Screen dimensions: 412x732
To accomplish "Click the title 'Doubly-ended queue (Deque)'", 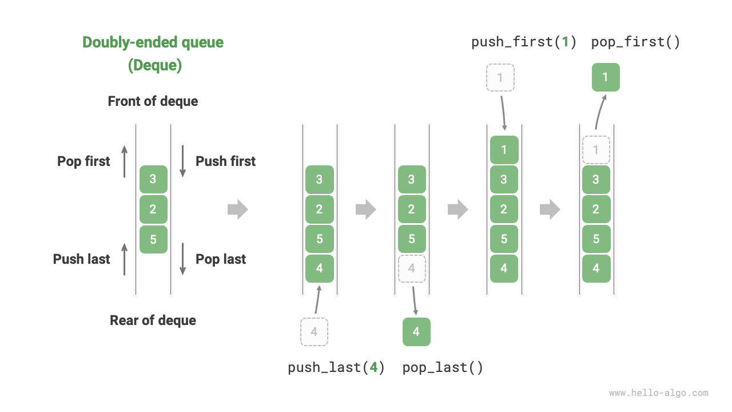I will [x=153, y=54].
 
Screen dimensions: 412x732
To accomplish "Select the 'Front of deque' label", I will [x=153, y=101].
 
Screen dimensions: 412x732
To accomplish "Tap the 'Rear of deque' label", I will [x=153, y=320].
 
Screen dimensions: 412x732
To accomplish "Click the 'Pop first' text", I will [x=83, y=161].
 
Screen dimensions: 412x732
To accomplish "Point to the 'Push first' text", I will [x=225, y=161].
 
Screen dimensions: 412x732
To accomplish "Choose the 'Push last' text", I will [x=81, y=259].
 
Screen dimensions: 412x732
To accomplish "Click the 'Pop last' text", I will [x=221, y=259].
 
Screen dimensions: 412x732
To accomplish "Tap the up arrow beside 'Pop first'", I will [x=125, y=161].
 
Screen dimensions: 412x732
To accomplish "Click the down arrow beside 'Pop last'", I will [x=183, y=259].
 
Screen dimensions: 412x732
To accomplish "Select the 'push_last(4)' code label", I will [x=336, y=367].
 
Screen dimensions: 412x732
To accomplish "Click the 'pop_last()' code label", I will [x=443, y=367].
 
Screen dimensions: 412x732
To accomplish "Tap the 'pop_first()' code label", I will [x=635, y=42].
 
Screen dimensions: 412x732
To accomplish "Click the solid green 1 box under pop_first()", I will [x=606, y=77].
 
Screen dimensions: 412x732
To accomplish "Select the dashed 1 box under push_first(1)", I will [x=500, y=77].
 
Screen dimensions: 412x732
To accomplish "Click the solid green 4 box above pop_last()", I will [x=416, y=332].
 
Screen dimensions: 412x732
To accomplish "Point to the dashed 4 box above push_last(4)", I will [x=314, y=332].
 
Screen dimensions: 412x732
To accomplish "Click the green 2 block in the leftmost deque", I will [x=153, y=209].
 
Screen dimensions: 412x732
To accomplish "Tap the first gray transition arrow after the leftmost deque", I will [x=237, y=209].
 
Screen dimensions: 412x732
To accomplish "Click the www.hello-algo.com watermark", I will [x=658, y=393].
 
